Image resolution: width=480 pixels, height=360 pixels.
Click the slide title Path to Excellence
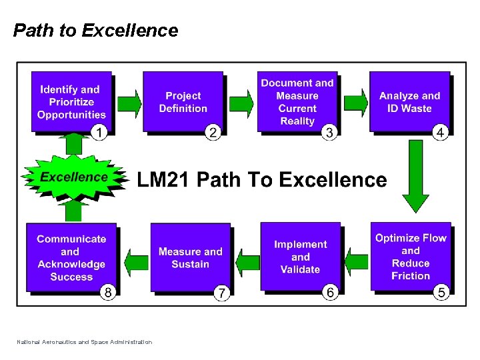[96, 31]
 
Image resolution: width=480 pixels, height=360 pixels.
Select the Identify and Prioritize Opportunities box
[71, 102]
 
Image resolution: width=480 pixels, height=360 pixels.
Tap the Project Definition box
[183, 102]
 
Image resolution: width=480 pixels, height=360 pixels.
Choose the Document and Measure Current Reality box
[297, 102]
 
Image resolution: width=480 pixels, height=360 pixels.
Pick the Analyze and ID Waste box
[409, 102]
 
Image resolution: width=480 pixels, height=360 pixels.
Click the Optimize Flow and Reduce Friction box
[411, 257]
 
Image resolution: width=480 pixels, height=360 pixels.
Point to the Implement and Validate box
[300, 257]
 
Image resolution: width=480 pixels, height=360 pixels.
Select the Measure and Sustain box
[190, 257]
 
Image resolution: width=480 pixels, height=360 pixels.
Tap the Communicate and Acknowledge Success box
[71, 257]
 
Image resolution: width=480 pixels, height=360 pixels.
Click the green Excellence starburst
[73, 177]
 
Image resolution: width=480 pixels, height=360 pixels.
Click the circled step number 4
[440, 133]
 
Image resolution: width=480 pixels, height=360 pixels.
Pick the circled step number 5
[440, 291]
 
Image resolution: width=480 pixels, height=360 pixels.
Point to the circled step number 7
[221, 292]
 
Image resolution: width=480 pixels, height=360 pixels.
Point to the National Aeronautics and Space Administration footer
[85, 342]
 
